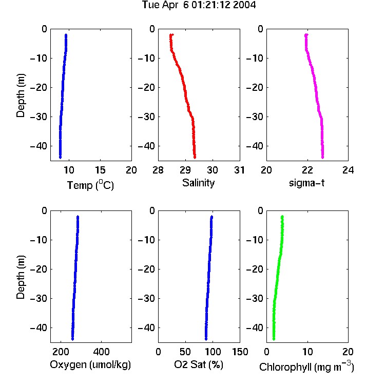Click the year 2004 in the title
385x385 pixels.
pos(244,5)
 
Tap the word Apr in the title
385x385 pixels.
pos(170,5)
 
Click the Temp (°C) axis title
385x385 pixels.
pos(90,185)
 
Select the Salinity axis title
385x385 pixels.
pos(198,183)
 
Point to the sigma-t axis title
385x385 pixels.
pos(306,183)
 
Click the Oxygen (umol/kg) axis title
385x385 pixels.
pos(90,365)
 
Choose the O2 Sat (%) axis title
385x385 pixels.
pos(199,364)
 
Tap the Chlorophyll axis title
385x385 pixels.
pos(306,367)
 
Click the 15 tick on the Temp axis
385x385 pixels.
pos(100,170)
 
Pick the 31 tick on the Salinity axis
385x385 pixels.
pos(239,170)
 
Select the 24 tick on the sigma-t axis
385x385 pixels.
pos(348,170)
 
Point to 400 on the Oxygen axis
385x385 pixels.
pos(101,352)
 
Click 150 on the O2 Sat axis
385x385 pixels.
pos(240,352)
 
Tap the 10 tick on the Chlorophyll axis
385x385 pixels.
pos(307,352)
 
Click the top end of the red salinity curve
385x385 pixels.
pos(172,34)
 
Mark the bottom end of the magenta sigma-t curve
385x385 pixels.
pos(323,158)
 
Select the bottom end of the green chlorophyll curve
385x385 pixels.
pos(274,339)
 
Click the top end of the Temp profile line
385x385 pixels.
pos(66,35)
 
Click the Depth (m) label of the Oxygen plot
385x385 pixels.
pos(21,277)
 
